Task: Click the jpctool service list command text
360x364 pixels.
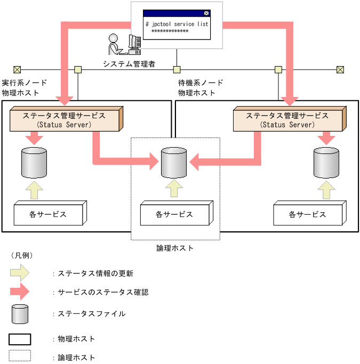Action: click(x=177, y=24)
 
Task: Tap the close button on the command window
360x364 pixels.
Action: click(x=206, y=13)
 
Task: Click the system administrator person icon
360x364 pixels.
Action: click(x=124, y=44)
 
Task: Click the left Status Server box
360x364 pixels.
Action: click(x=65, y=119)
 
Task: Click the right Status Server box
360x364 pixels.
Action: click(x=287, y=119)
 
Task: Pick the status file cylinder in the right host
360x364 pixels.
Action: click(x=326, y=163)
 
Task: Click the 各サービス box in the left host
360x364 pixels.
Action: click(x=48, y=214)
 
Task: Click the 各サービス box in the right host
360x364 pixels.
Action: click(x=307, y=214)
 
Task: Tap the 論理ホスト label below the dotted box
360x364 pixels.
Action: click(x=175, y=248)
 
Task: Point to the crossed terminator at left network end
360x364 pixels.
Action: click(x=17, y=69)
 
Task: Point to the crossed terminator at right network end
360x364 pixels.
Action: click(x=340, y=69)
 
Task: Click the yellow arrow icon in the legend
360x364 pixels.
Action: click(x=20, y=273)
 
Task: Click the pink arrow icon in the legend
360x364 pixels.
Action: click(x=20, y=292)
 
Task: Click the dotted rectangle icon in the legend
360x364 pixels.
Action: click(x=20, y=355)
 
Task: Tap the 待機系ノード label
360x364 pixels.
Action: click(x=201, y=83)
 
